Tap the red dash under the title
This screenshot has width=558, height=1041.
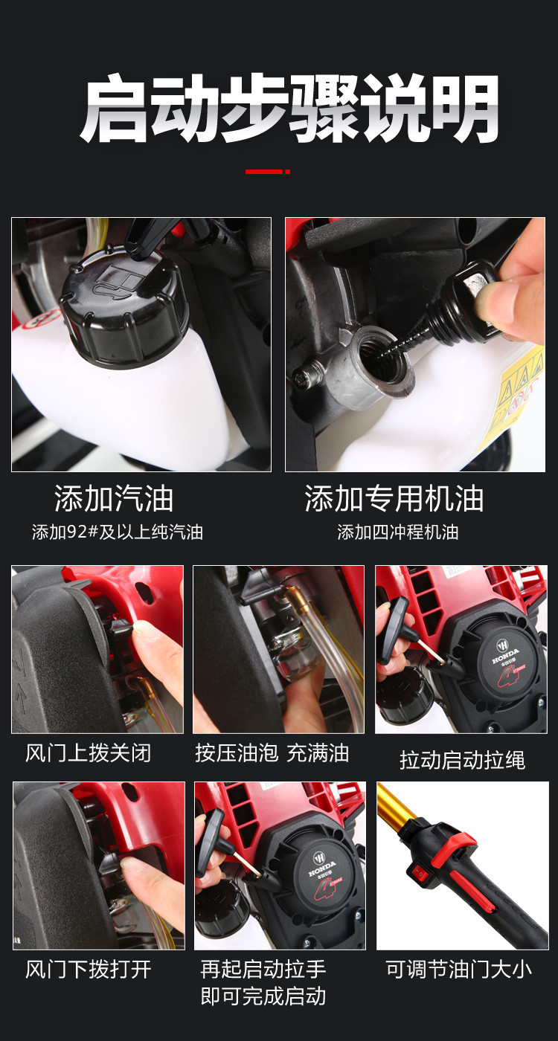(268, 172)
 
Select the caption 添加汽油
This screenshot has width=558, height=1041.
(114, 499)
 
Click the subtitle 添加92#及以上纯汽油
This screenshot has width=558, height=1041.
(118, 532)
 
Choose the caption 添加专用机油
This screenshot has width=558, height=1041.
(394, 499)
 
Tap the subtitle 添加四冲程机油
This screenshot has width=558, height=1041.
(398, 532)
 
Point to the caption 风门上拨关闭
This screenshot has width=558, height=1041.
(88, 753)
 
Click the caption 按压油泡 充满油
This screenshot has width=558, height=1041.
(272, 753)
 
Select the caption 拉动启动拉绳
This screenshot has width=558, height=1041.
(462, 760)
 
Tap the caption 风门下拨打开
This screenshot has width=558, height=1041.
(88, 970)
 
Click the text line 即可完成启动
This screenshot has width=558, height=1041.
(263, 996)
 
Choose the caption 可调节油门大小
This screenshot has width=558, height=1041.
(459, 970)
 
